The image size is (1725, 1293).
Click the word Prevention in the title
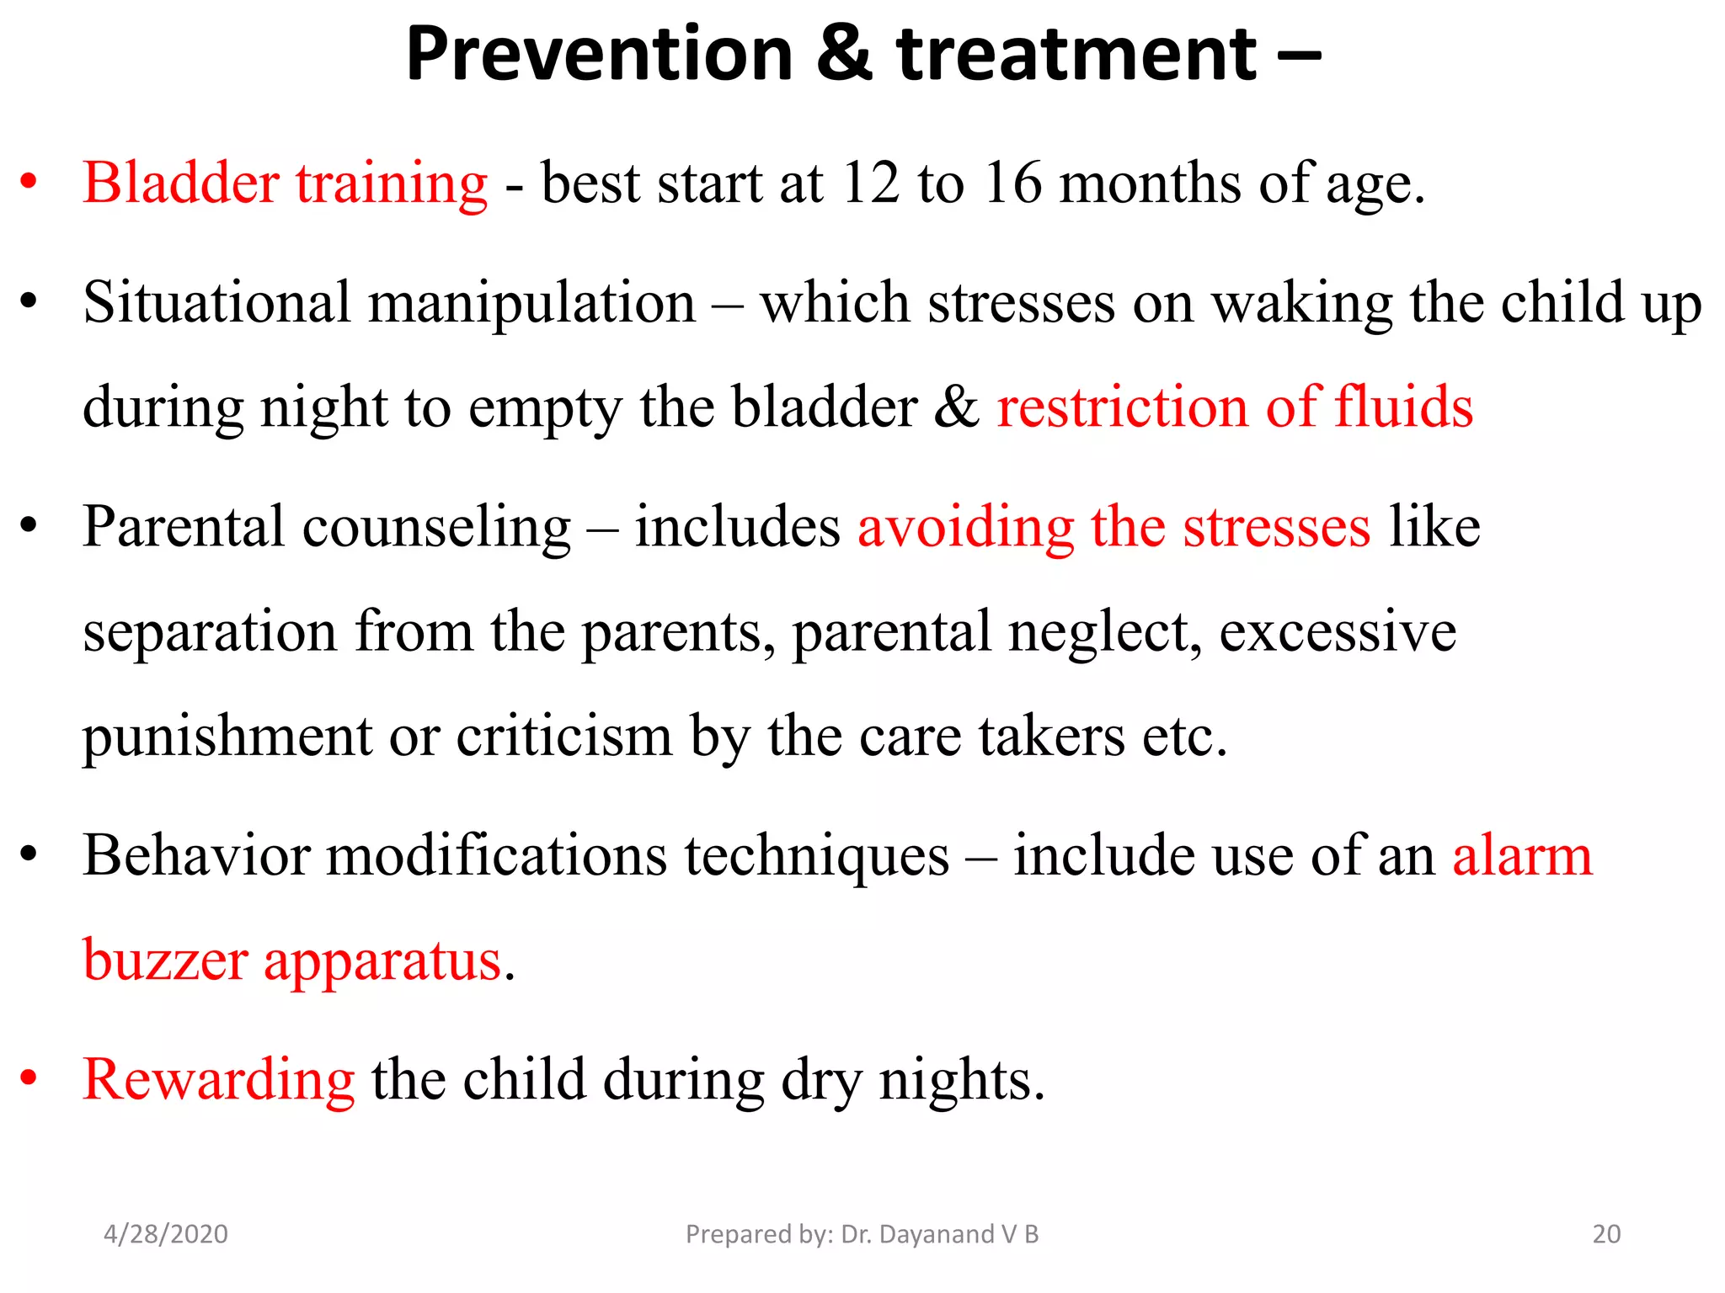[x=599, y=56]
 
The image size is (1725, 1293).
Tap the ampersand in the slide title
[x=844, y=56]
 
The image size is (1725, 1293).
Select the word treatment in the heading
[x=1076, y=56]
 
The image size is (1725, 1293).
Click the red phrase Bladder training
[x=285, y=184]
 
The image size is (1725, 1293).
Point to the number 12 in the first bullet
[x=870, y=183]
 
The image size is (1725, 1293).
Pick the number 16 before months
[x=1012, y=183]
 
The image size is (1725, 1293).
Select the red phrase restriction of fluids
[x=1235, y=407]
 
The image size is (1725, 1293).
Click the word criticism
[x=563, y=736]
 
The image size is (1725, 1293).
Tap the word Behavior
[x=196, y=856]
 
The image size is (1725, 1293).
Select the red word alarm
[x=1522, y=856]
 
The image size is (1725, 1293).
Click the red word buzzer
[x=165, y=960]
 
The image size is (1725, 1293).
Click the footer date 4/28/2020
[x=165, y=1234]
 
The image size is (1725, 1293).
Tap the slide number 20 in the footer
[x=1606, y=1234]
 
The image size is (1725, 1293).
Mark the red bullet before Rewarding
[x=29, y=1078]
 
